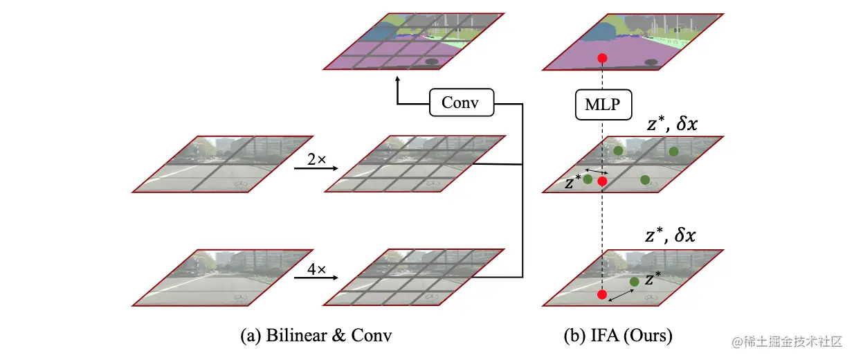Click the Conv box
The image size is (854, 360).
coord(461,104)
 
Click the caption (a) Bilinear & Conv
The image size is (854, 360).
coord(316,337)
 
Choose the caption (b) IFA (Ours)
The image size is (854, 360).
coord(618,337)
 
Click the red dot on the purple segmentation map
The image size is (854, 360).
coord(602,58)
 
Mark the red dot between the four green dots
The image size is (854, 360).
coord(602,181)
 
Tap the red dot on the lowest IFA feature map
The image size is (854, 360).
coord(602,296)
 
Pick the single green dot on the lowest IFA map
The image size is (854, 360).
coord(634,282)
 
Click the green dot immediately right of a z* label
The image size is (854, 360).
coord(588,179)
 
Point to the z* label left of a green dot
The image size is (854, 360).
coord(572,182)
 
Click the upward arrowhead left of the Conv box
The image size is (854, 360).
coord(398,80)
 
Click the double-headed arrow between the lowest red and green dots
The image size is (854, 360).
coord(620,294)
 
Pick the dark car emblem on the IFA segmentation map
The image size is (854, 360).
coord(650,62)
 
